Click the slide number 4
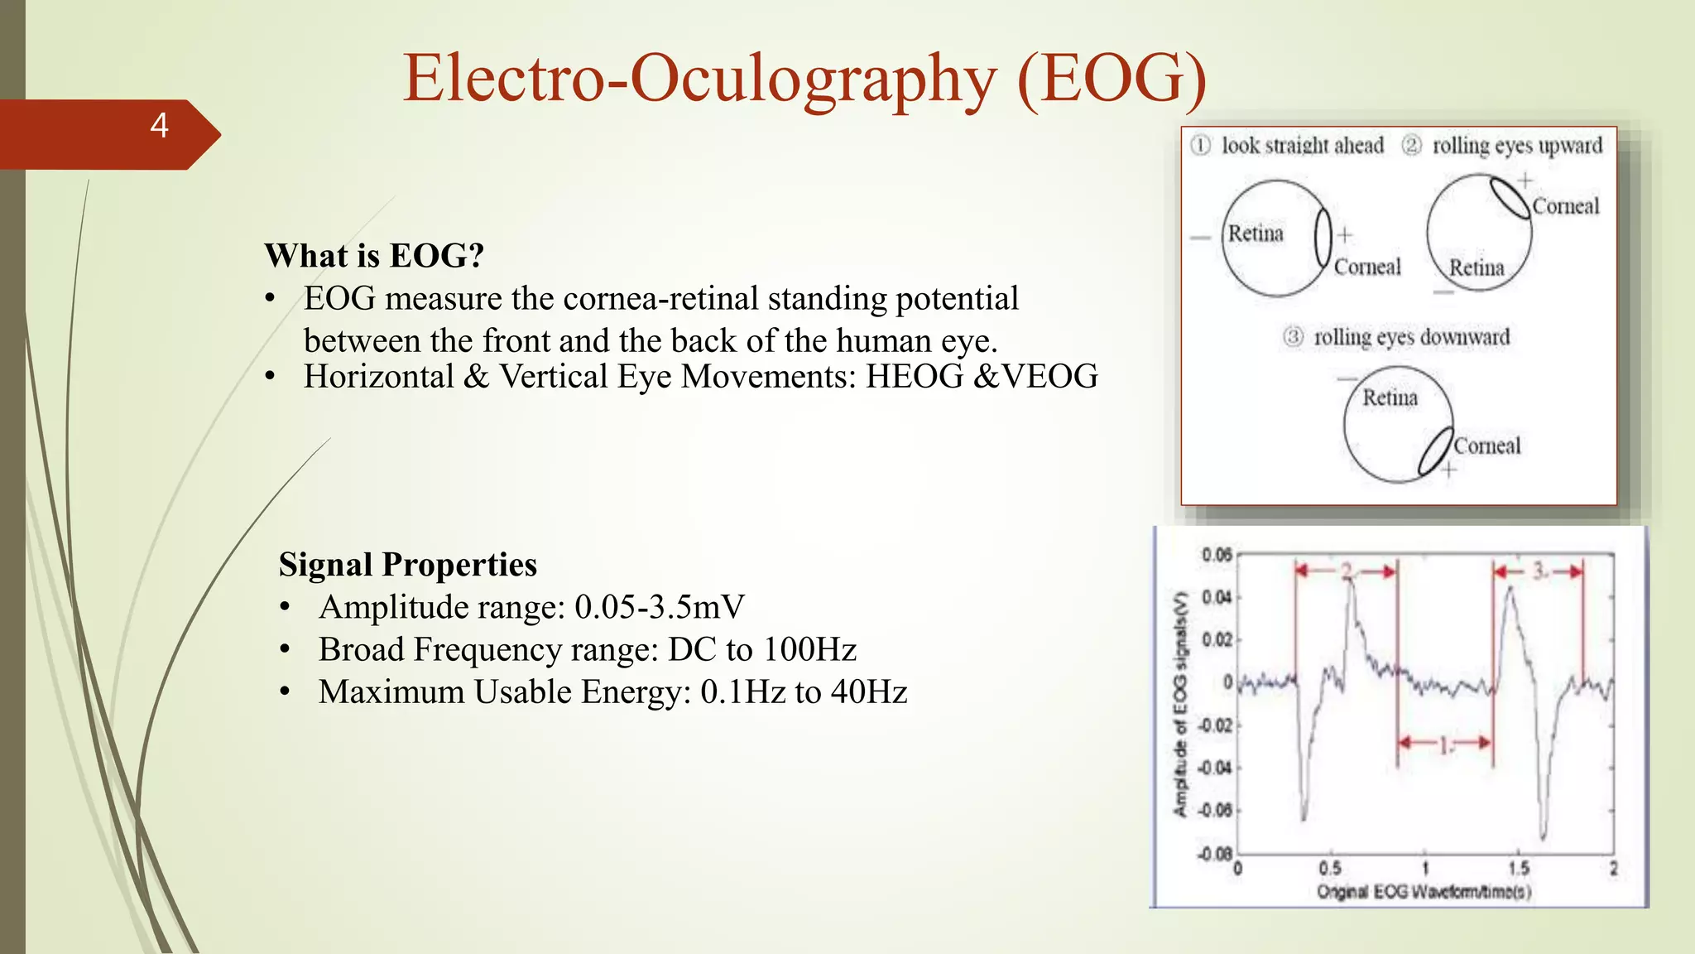pyautogui.click(x=159, y=126)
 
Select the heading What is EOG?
pyautogui.click(x=373, y=256)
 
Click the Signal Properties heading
pyautogui.click(x=407, y=565)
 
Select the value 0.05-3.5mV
pyautogui.click(x=660, y=607)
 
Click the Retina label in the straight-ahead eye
pyautogui.click(x=1255, y=234)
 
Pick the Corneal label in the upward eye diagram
pyautogui.click(x=1565, y=206)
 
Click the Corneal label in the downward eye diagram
pyautogui.click(x=1487, y=446)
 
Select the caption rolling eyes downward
pyautogui.click(x=1411, y=338)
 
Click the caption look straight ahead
pyautogui.click(x=1302, y=146)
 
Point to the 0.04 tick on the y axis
pyautogui.click(x=1216, y=597)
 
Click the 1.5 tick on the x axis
pyautogui.click(x=1518, y=869)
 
